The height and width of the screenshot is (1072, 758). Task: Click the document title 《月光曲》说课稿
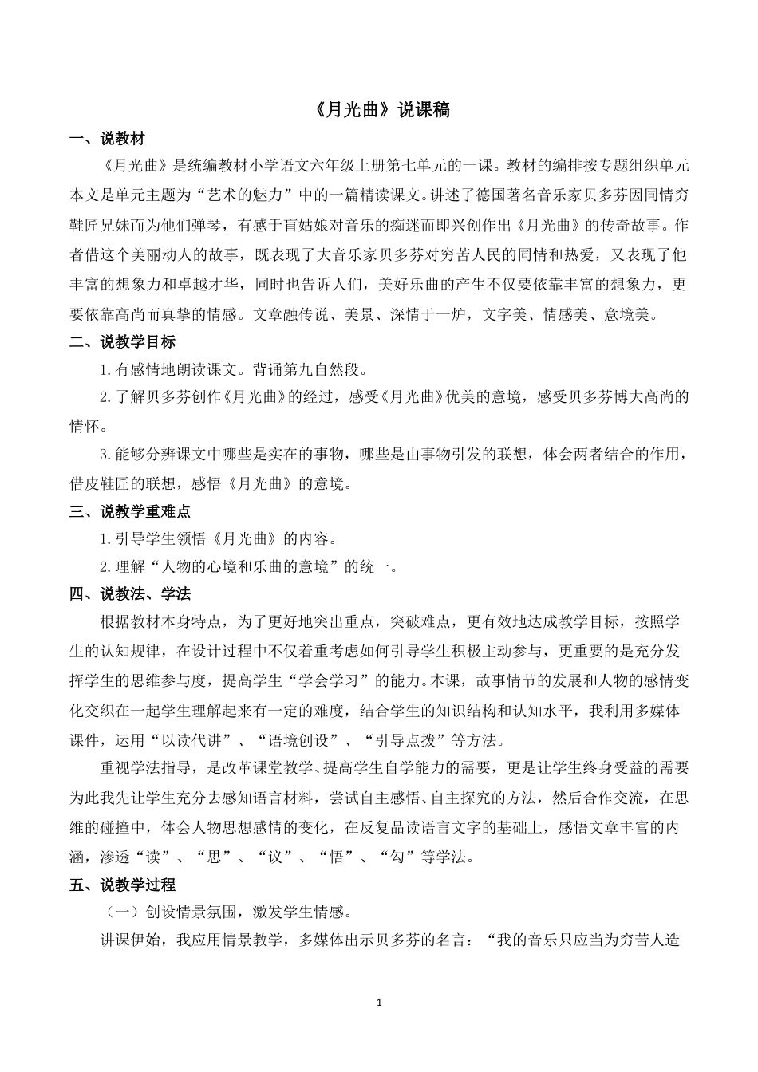pyautogui.click(x=378, y=111)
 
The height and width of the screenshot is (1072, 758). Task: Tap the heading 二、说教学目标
pyautogui.click(x=122, y=342)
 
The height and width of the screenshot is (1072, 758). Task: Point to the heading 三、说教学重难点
pyautogui.click(x=130, y=511)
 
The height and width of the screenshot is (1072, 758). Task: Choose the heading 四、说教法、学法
pyautogui.click(x=130, y=594)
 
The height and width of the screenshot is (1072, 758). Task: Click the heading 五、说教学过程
pyautogui.click(x=122, y=885)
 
